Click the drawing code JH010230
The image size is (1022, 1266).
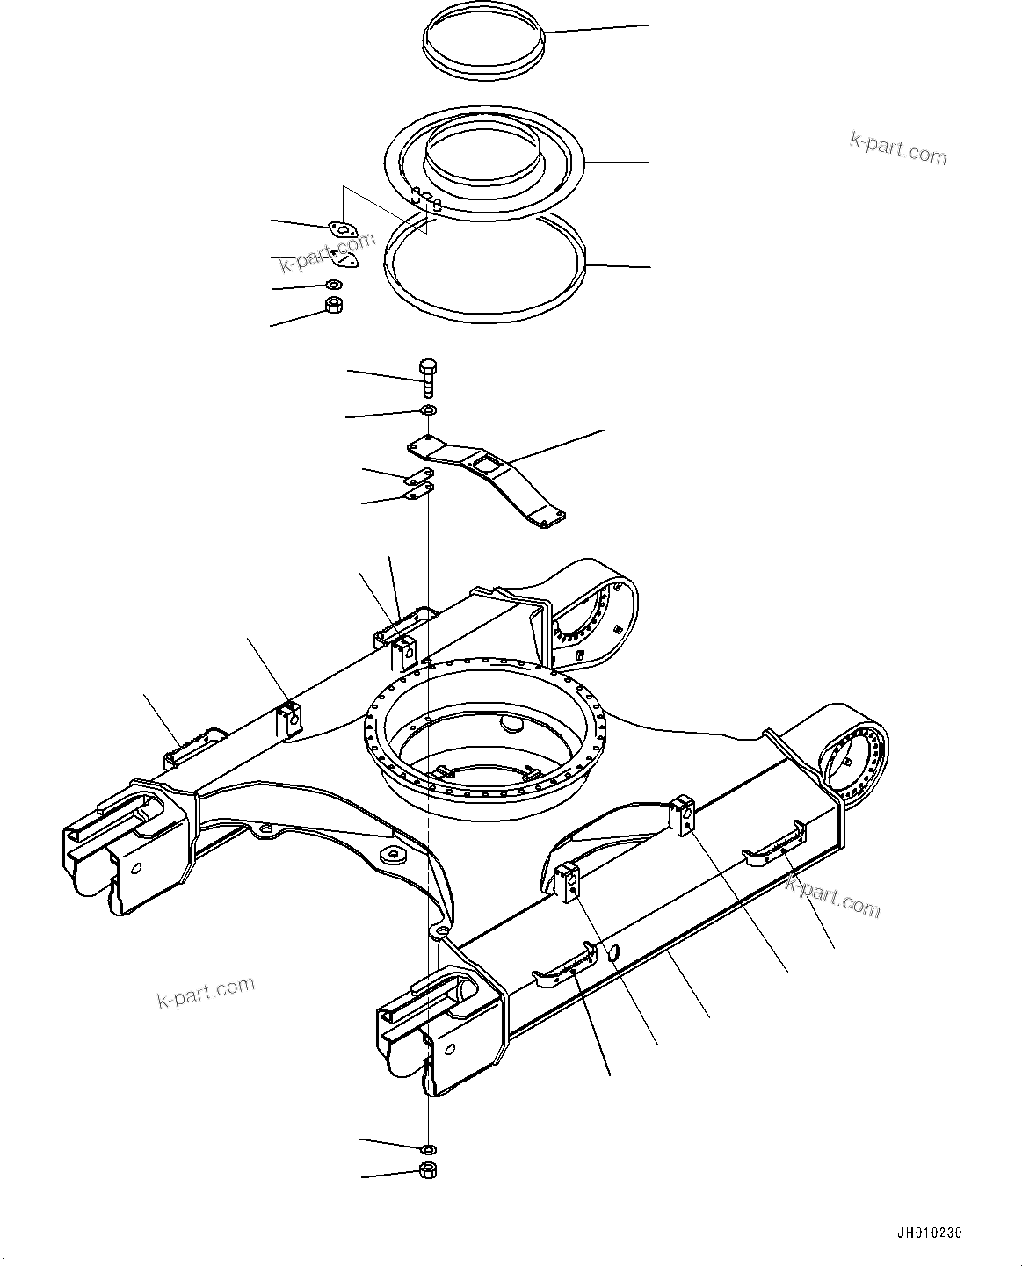click(937, 1233)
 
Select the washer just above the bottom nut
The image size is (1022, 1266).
click(429, 1148)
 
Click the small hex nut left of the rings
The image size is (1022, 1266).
click(334, 305)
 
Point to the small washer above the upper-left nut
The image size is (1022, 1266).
click(334, 285)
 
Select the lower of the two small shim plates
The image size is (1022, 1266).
click(416, 493)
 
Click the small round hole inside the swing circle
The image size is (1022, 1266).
click(511, 723)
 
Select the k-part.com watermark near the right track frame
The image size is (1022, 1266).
click(832, 896)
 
